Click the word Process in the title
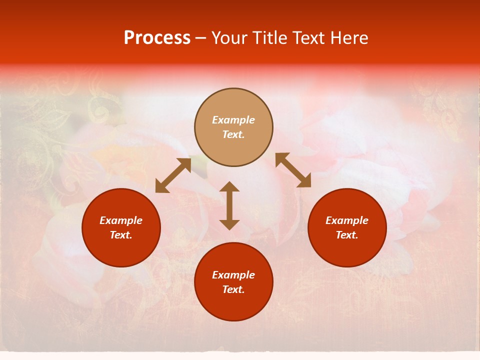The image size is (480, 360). click(x=157, y=38)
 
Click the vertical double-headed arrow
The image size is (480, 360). click(x=229, y=206)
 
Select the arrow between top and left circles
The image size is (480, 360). click(x=173, y=175)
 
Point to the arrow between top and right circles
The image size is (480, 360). click(x=293, y=170)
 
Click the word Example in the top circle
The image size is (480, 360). click(x=233, y=120)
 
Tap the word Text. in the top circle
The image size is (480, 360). click(x=233, y=134)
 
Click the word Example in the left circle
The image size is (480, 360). click(x=121, y=220)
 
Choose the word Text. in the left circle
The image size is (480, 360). click(x=121, y=235)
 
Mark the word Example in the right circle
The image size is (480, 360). click(x=346, y=220)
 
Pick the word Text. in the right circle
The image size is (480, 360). click(x=346, y=235)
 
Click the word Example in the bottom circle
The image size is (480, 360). click(x=233, y=275)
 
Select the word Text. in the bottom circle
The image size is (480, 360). click(x=233, y=289)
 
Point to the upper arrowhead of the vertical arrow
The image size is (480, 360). click(x=229, y=186)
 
